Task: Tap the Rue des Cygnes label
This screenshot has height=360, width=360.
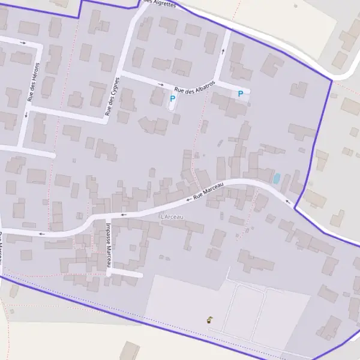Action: (112, 95)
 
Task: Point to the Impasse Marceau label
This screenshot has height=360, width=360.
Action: (109, 244)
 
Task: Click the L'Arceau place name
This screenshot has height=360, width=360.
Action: (172, 217)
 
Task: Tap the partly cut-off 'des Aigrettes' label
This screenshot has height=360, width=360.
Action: (160, 3)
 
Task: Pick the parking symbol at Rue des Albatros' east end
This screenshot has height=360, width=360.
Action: (241, 94)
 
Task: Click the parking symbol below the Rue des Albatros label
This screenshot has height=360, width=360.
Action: (173, 98)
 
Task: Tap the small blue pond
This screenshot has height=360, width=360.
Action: (277, 178)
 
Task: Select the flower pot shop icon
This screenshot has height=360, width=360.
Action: (209, 320)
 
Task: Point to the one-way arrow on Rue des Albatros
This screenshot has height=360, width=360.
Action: (161, 84)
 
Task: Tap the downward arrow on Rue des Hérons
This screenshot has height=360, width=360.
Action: (26, 115)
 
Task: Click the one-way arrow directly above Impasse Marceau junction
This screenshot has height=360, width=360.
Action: (124, 214)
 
